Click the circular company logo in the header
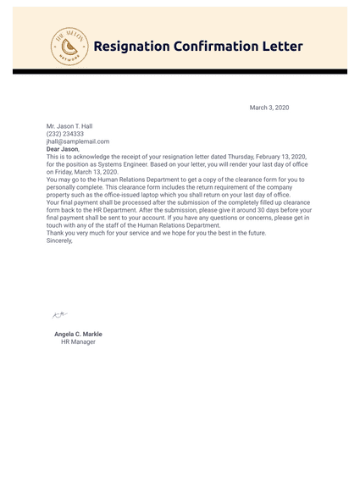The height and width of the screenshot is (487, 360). tap(69, 46)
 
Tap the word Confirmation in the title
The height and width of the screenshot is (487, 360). tap(223, 47)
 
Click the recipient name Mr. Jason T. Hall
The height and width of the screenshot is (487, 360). tap(69, 126)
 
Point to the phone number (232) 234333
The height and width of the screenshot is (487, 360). tap(65, 134)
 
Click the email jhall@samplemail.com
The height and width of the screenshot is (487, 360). tap(78, 141)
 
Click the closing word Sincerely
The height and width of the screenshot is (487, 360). tap(59, 241)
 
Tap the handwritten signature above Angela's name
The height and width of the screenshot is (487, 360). tap(60, 314)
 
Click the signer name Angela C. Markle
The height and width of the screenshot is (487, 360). tap(78, 335)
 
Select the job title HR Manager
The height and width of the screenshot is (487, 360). tap(78, 342)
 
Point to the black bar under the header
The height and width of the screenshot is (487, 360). tap(180, 72)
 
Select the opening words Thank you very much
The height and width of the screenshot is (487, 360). tap(77, 233)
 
